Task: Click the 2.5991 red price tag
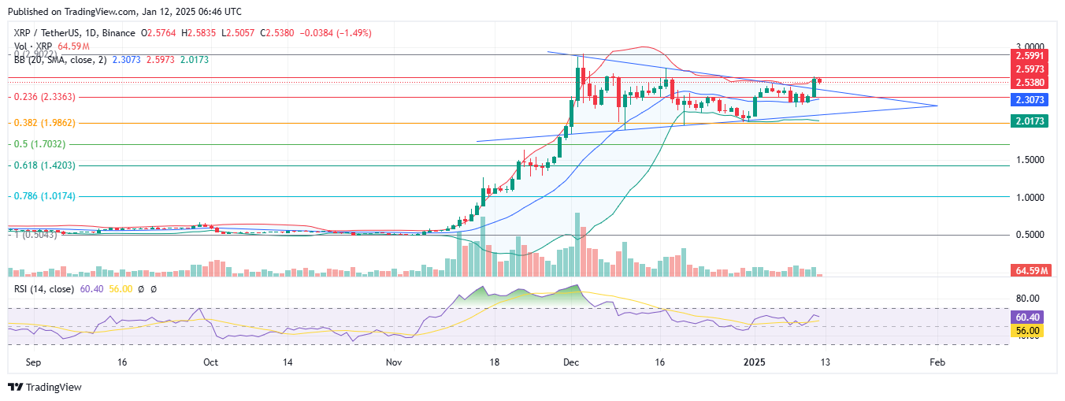pos(1030,56)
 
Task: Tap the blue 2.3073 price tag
pos(1030,100)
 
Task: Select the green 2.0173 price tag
pos(1030,121)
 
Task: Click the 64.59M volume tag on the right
pos(1030,271)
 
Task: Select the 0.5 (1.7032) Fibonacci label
pos(38,144)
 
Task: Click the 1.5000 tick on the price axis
pos(1029,159)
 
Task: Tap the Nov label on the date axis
pos(395,363)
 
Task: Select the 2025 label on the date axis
pos(755,363)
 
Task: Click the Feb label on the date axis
pos(937,363)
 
